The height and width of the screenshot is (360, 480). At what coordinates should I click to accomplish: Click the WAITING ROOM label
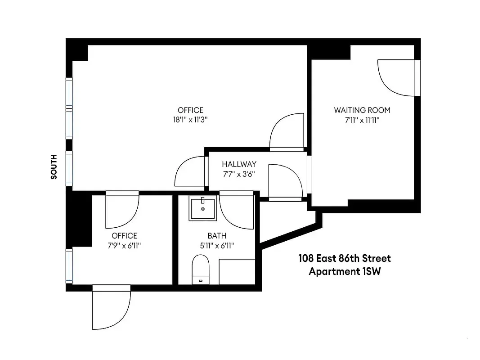click(x=362, y=110)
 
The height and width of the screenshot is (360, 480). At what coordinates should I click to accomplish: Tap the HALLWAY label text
click(x=239, y=164)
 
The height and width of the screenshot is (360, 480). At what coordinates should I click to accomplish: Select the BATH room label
click(x=217, y=236)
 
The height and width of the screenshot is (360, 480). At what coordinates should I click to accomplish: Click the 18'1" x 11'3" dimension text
click(x=190, y=120)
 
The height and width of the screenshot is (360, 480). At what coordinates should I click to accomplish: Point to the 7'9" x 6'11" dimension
click(x=124, y=246)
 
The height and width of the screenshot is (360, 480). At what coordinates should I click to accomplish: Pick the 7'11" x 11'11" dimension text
click(x=362, y=120)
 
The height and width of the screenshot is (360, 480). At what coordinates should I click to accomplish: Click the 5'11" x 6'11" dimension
click(x=217, y=246)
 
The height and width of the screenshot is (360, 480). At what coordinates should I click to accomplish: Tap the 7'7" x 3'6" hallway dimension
click(x=239, y=174)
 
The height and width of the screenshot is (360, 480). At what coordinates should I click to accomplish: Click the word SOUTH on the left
click(x=54, y=167)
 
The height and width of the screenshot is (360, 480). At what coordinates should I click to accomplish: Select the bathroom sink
click(x=203, y=209)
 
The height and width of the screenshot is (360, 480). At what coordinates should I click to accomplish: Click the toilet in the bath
click(x=200, y=269)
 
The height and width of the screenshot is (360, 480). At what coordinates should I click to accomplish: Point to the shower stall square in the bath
click(x=237, y=271)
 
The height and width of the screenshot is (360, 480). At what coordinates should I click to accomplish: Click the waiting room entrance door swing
click(x=395, y=77)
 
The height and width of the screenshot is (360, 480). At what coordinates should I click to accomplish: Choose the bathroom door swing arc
click(x=237, y=211)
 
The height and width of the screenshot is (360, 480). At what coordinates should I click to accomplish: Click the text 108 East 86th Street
click(x=345, y=259)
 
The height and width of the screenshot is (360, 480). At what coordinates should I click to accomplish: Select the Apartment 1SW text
click(x=345, y=272)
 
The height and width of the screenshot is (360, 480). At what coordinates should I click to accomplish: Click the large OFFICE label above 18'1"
click(x=190, y=110)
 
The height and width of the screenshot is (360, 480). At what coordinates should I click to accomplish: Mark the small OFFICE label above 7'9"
click(x=124, y=236)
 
